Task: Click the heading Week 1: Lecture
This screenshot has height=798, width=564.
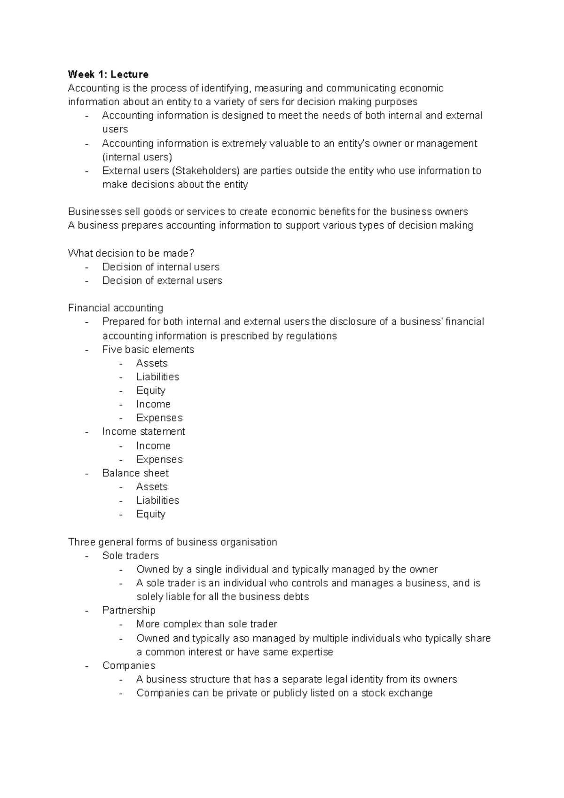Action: point(108,74)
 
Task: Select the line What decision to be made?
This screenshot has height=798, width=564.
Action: point(131,253)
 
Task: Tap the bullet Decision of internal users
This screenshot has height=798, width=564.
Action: point(161,267)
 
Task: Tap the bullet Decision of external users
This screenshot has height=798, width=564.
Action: point(162,281)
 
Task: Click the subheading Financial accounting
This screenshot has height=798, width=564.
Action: point(116,308)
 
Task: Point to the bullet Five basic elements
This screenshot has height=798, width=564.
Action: point(148,350)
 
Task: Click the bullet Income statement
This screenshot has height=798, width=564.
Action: point(143,431)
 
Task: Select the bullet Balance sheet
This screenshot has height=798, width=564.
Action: point(135,473)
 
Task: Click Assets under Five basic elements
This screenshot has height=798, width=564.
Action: point(152,363)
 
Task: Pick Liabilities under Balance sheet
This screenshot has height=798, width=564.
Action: point(157,501)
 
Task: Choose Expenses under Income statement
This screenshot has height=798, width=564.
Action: point(159,460)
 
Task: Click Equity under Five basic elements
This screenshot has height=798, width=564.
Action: point(151,391)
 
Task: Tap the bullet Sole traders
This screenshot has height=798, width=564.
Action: point(130,555)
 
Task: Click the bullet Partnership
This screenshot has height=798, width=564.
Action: point(129,610)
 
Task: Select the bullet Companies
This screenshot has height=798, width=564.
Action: point(129,665)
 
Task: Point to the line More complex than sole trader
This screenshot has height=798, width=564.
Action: point(206,624)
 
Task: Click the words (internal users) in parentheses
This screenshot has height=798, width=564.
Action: point(137,157)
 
